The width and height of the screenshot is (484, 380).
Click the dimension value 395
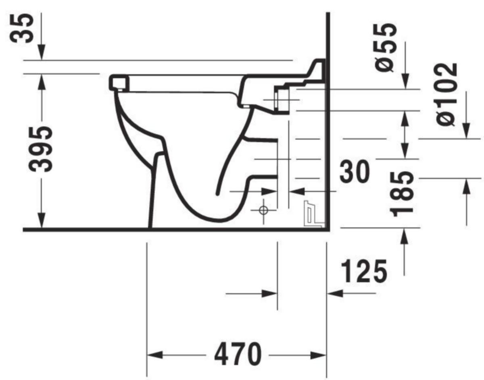coord(41,149)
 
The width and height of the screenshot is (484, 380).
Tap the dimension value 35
coord(22,28)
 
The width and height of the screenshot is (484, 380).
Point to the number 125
coord(364,271)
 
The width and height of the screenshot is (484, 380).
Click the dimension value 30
coord(355,172)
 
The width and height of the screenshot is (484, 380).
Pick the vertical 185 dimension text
coord(402,195)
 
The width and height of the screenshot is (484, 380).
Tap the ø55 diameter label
coord(385,48)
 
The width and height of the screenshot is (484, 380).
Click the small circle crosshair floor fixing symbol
coord(263,210)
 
